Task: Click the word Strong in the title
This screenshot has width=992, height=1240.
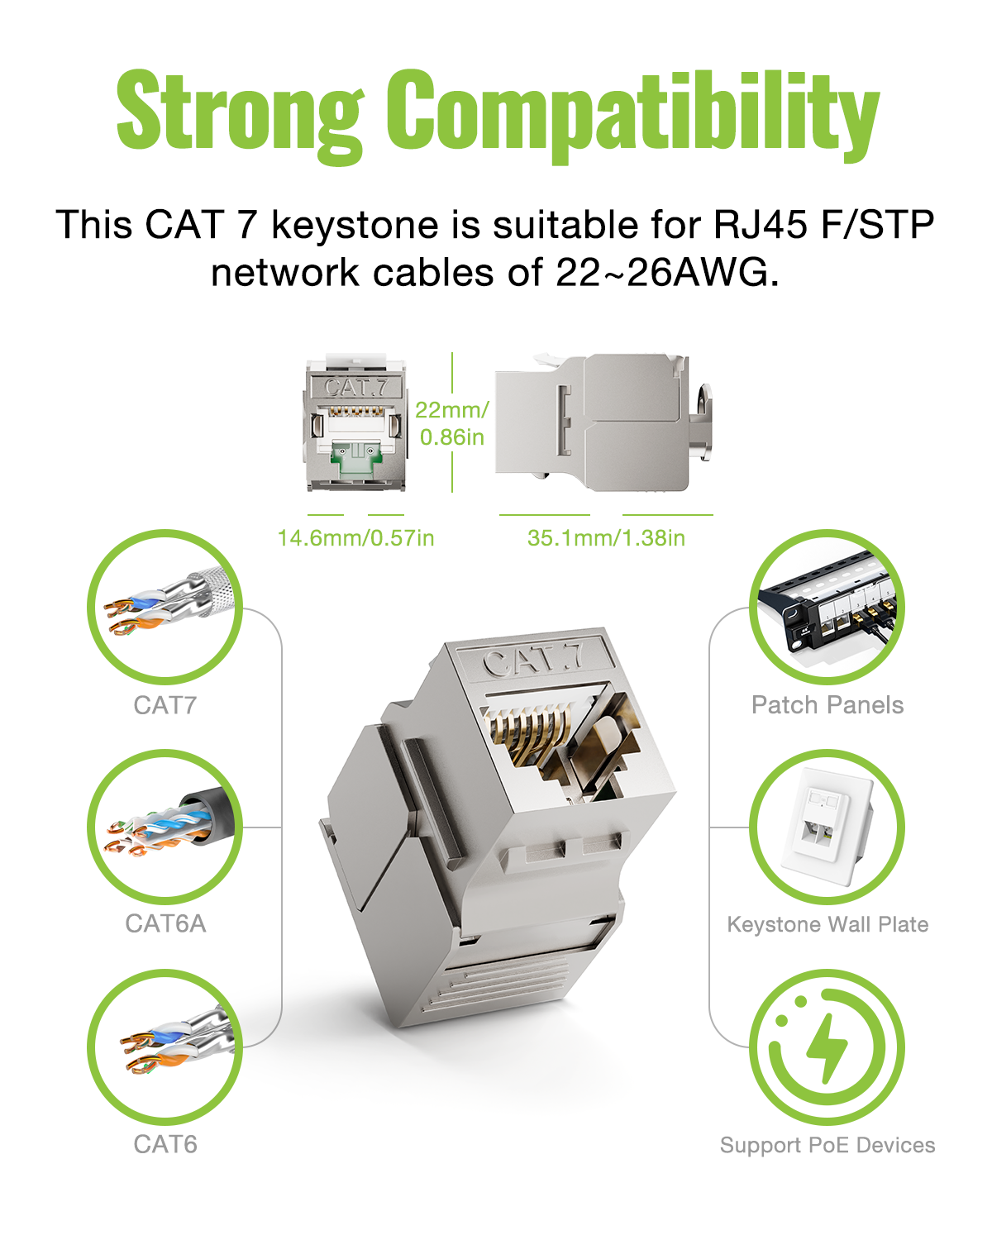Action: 241,115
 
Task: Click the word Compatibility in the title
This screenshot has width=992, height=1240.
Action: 633,115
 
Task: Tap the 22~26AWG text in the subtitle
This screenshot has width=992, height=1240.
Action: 667,272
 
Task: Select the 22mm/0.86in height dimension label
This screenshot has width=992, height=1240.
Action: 452,423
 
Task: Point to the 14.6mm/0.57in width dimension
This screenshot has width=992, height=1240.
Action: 355,538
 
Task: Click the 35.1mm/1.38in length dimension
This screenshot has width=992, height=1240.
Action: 606,538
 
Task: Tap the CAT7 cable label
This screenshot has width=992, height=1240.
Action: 165,705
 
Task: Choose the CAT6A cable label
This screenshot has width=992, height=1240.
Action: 165,923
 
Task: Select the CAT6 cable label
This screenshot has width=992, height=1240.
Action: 165,1144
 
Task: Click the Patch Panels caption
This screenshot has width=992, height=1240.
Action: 827,704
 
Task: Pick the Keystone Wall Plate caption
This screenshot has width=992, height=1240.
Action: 827,924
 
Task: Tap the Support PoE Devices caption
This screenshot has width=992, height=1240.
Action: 827,1145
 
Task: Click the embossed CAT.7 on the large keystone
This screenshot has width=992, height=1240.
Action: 532,661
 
